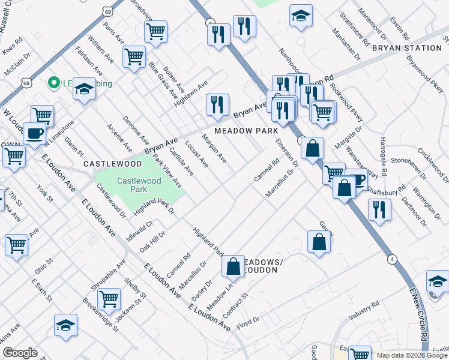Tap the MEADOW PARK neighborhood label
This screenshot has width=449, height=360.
point(246,130)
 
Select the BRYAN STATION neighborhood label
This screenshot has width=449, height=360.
point(407,48)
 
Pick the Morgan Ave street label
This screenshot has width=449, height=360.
point(214,149)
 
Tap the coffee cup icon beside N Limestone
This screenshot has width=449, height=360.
point(34,133)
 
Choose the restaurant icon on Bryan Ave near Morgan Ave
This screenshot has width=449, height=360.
point(217,104)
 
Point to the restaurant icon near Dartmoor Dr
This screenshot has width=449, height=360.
point(379,209)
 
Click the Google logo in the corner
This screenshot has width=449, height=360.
point(20,353)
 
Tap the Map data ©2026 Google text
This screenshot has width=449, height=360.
point(411,355)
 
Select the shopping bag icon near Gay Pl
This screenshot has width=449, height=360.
point(319,242)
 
